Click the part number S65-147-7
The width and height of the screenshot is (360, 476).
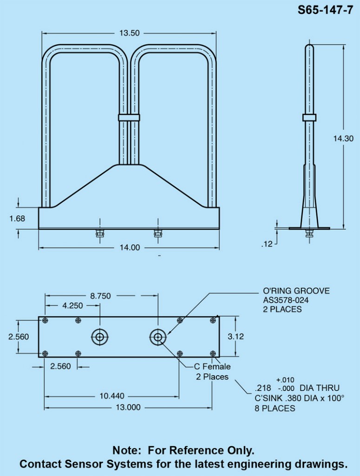tap(325, 11)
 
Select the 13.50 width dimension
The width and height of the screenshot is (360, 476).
tap(129, 33)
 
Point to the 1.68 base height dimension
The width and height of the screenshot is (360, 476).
tap(17, 218)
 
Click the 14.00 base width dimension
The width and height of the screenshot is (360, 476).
tap(129, 248)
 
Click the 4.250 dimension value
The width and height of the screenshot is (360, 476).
tap(72, 305)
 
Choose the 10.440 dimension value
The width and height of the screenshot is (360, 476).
tap(111, 396)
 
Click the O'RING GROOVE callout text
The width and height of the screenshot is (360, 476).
tap(296, 291)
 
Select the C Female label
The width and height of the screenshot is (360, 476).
tap(212, 366)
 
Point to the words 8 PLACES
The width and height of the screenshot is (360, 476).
tap(275, 409)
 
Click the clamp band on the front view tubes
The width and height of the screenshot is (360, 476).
tap(129, 118)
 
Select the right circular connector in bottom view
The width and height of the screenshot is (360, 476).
tap(158, 337)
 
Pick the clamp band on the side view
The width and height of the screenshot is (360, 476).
tap(309, 117)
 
